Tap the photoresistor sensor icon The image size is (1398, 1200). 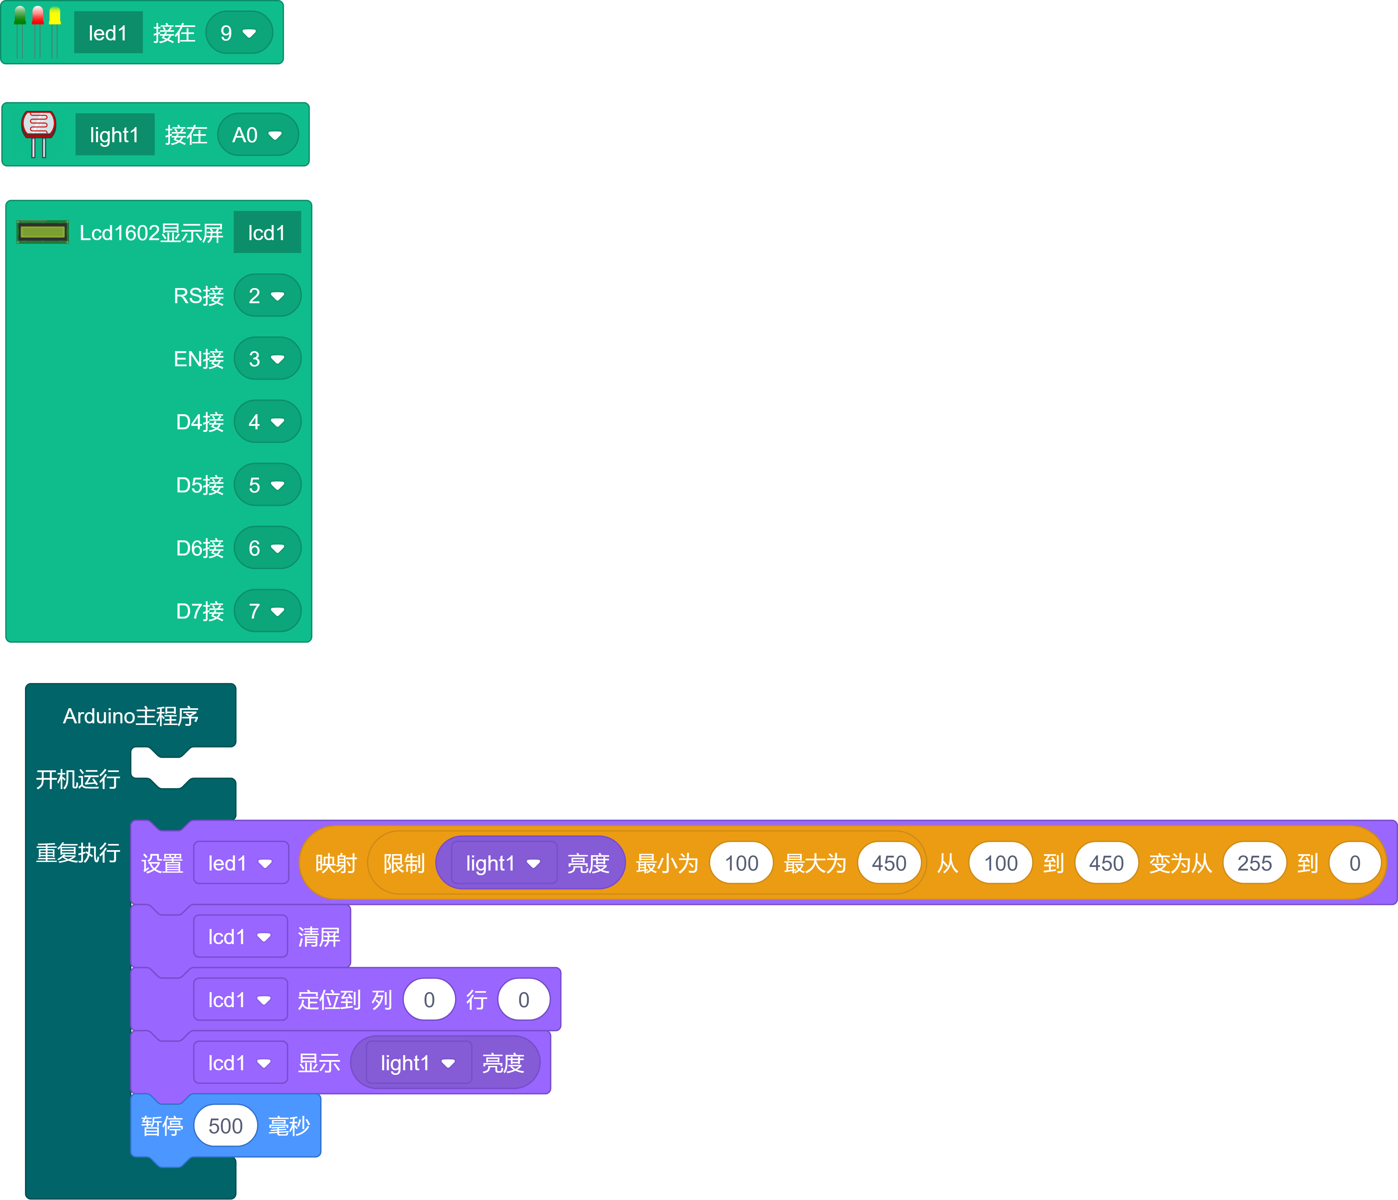38,134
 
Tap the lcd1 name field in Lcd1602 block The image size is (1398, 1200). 267,233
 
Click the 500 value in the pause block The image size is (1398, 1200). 225,1126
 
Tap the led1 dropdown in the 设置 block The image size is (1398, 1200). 240,863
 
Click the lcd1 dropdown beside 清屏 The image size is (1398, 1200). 239,937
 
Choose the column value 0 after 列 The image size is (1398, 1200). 429,1000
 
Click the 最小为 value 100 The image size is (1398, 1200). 741,863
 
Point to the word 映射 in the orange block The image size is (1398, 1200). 335,863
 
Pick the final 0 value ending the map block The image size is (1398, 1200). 1354,863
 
